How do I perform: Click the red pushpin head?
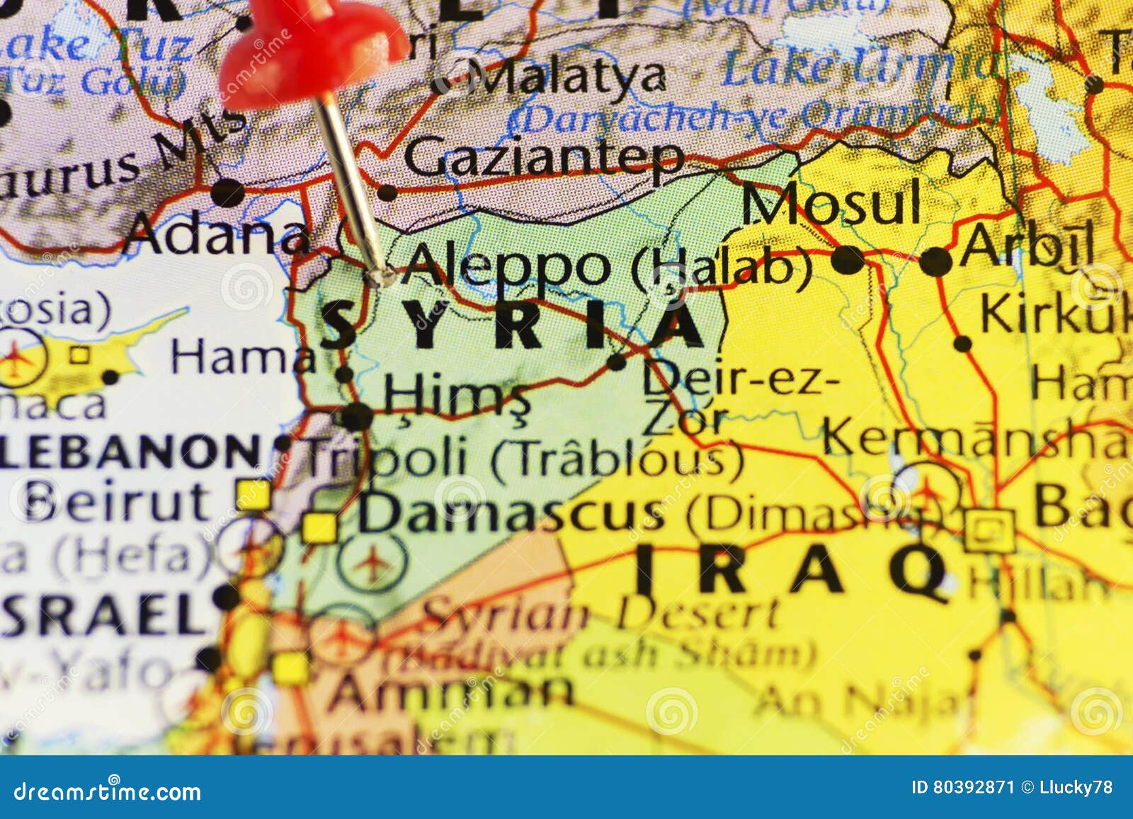click(312, 53)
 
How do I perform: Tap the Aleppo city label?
click(504, 266)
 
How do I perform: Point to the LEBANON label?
click(131, 451)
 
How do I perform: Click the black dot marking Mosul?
click(848, 259)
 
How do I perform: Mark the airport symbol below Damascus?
click(372, 563)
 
